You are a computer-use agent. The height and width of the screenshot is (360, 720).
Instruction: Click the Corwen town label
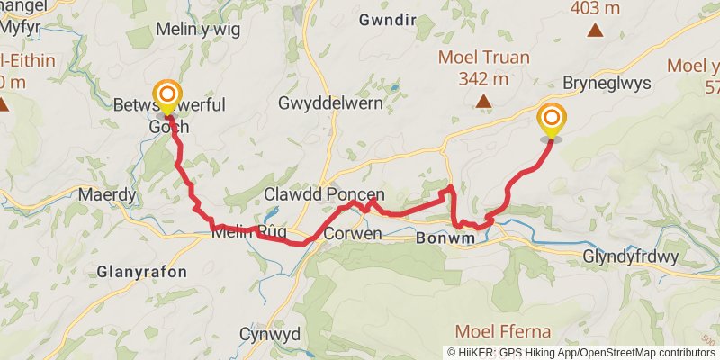[352, 234]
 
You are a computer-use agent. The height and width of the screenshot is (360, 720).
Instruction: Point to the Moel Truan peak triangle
[484, 101]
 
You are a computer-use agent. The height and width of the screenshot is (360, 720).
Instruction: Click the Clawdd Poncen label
[324, 194]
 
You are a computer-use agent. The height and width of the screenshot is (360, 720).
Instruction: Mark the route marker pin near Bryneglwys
[552, 120]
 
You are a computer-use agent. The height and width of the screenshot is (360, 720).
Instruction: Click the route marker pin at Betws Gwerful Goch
[166, 95]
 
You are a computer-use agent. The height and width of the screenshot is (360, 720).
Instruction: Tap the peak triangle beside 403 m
[594, 31]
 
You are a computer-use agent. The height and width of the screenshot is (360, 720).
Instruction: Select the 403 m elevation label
[595, 8]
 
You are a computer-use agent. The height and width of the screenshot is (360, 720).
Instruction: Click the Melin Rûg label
[248, 232]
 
